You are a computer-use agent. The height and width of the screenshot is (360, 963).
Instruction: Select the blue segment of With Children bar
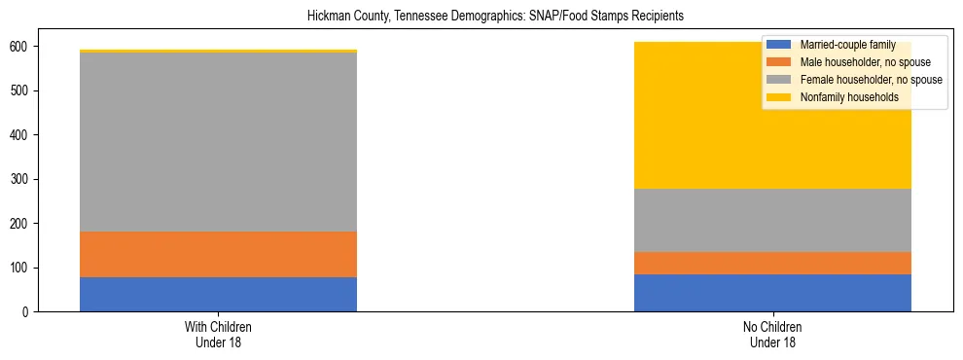click(218, 294)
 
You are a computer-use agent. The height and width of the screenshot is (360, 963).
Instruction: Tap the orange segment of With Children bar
click(218, 254)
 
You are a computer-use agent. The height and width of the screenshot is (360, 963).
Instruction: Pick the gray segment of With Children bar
click(218, 142)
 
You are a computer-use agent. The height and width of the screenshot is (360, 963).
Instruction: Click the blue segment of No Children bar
click(772, 293)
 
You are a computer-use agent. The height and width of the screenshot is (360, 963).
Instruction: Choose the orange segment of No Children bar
click(772, 263)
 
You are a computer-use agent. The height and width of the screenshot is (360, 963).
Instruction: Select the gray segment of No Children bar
click(772, 220)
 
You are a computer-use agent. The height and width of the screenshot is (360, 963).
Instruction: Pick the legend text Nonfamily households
click(843, 97)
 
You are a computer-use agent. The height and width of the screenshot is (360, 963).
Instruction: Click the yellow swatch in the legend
click(778, 97)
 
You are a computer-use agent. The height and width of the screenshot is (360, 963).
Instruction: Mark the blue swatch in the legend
click(778, 45)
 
